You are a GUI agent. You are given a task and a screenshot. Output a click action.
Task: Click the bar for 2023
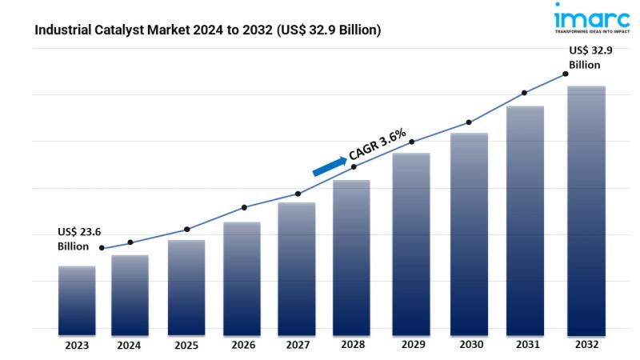(77, 300)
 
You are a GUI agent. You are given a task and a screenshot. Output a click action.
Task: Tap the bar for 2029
(411, 243)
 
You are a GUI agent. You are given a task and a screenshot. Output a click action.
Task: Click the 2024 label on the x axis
(129, 346)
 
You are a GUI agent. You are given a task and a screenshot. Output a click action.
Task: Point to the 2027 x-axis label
(297, 346)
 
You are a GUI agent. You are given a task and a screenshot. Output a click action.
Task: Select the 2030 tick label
(468, 346)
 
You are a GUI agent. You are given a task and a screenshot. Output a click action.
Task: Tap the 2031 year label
(525, 346)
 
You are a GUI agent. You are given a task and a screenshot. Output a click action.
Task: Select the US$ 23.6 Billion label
(79, 238)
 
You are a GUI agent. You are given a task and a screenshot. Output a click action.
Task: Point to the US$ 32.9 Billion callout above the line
(590, 57)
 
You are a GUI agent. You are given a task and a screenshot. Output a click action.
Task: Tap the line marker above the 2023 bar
(102, 248)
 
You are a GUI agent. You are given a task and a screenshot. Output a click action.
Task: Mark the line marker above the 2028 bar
(354, 166)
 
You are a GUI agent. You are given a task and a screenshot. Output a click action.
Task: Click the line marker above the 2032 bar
(565, 74)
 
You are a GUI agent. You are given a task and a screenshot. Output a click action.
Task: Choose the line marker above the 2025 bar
(186, 230)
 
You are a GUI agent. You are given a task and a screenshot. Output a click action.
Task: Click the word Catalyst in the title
(120, 30)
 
